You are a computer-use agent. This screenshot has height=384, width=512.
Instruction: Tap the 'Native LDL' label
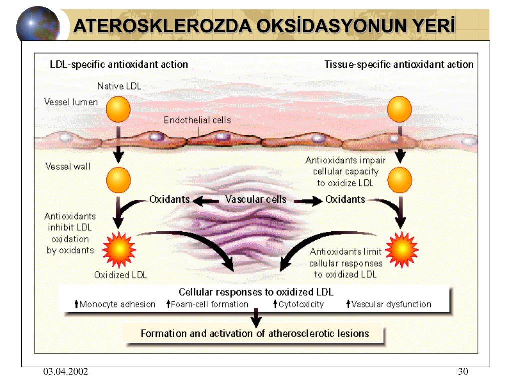(119, 86)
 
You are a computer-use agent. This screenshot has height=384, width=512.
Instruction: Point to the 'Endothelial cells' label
(197, 120)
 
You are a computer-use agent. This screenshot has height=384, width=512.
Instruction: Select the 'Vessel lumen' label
(71, 102)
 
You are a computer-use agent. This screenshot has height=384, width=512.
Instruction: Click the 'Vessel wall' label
(68, 166)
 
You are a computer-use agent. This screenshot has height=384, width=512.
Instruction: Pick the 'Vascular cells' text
(256, 199)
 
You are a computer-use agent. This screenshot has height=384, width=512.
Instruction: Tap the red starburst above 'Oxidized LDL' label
(119, 248)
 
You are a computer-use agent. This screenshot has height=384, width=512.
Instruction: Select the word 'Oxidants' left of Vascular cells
(170, 199)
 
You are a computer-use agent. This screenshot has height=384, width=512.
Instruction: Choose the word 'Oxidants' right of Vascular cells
(345, 199)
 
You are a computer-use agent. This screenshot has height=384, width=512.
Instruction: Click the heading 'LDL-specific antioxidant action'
(119, 64)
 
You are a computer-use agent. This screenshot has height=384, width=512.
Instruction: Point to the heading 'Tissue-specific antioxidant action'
(399, 64)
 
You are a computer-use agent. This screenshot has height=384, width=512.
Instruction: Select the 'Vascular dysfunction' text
(391, 304)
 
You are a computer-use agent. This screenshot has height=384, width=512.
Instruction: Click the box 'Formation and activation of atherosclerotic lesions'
(254, 333)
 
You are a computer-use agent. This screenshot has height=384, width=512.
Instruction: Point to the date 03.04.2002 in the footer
(65, 372)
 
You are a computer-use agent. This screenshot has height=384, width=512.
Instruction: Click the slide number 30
(462, 372)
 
